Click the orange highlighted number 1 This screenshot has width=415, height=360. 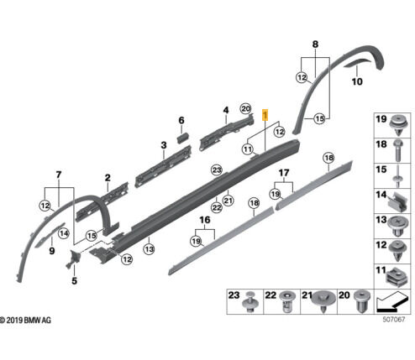[266, 114]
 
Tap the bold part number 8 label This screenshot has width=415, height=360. [315, 43]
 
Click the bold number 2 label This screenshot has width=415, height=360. [108, 178]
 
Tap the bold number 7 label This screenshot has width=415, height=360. [58, 174]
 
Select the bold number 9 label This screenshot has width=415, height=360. [50, 250]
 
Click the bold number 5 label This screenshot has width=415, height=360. [73, 280]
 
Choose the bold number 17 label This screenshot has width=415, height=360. [284, 175]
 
